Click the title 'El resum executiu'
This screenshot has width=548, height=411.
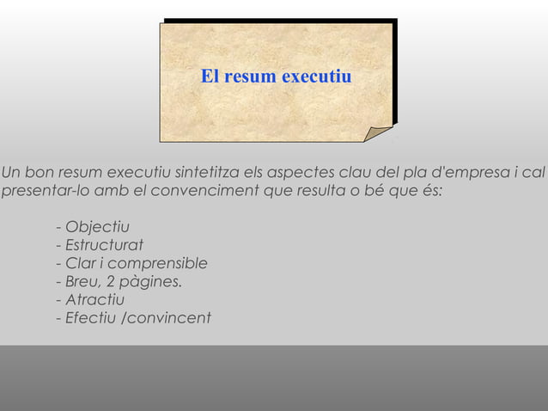click(276, 77)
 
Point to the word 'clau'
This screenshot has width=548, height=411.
click(359, 171)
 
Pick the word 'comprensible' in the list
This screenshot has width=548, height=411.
click(161, 264)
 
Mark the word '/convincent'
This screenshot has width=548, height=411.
click(167, 319)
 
